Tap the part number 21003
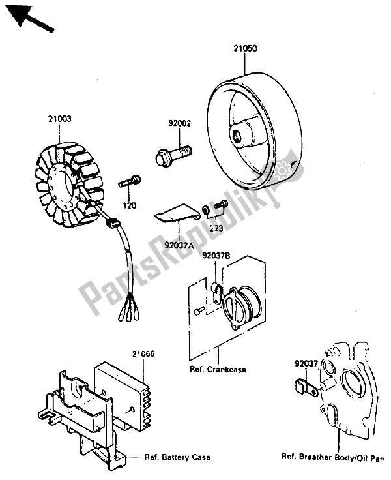(59, 119)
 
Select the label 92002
(178, 122)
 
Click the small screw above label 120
(129, 181)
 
